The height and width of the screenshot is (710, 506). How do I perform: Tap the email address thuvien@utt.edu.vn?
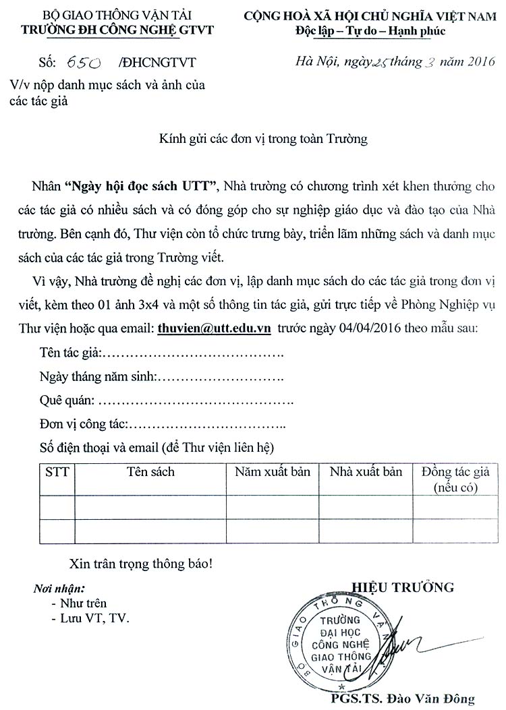click(214, 328)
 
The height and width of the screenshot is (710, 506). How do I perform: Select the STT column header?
click(57, 472)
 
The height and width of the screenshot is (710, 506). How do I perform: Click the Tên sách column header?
click(150, 472)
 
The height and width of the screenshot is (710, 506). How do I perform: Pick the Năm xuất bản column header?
click(273, 472)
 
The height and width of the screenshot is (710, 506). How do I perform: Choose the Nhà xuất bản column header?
click(366, 472)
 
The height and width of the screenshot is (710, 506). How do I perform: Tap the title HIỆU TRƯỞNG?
click(403, 587)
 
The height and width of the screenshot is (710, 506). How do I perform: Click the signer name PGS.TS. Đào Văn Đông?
click(403, 699)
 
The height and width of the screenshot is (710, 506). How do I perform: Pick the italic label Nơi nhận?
click(59, 589)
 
